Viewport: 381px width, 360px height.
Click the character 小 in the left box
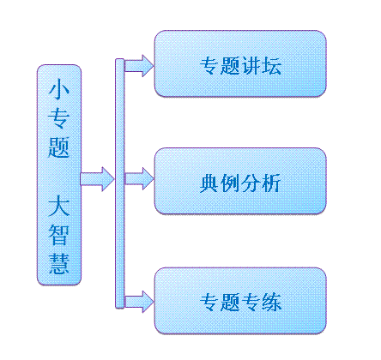coord(59,89)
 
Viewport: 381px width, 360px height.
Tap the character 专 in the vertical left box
coord(59,118)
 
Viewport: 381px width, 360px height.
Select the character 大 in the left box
coord(59,206)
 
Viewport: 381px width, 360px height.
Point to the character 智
coord(59,235)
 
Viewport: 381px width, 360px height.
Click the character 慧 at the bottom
coord(59,263)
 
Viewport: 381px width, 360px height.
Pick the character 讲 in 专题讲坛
coord(251,66)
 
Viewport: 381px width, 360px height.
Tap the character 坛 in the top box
coord(271,66)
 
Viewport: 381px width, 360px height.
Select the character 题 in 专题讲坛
coord(230,66)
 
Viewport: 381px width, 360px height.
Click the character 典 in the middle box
coord(209,183)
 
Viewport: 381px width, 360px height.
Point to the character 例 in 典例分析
coord(230,183)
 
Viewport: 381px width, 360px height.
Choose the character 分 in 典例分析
coord(251,183)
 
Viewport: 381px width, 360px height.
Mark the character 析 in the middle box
coord(271,183)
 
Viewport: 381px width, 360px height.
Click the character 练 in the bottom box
coord(271,302)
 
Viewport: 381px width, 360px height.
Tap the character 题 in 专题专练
coord(230,302)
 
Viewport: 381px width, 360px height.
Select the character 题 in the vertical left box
coord(59,147)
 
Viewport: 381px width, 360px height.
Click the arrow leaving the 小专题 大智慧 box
coord(97,179)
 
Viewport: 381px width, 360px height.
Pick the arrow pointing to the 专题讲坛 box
coord(139,66)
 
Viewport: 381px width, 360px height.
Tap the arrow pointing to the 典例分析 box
coord(139,179)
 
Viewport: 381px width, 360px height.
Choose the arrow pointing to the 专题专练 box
coord(139,302)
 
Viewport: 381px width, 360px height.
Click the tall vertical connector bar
coord(120,183)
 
